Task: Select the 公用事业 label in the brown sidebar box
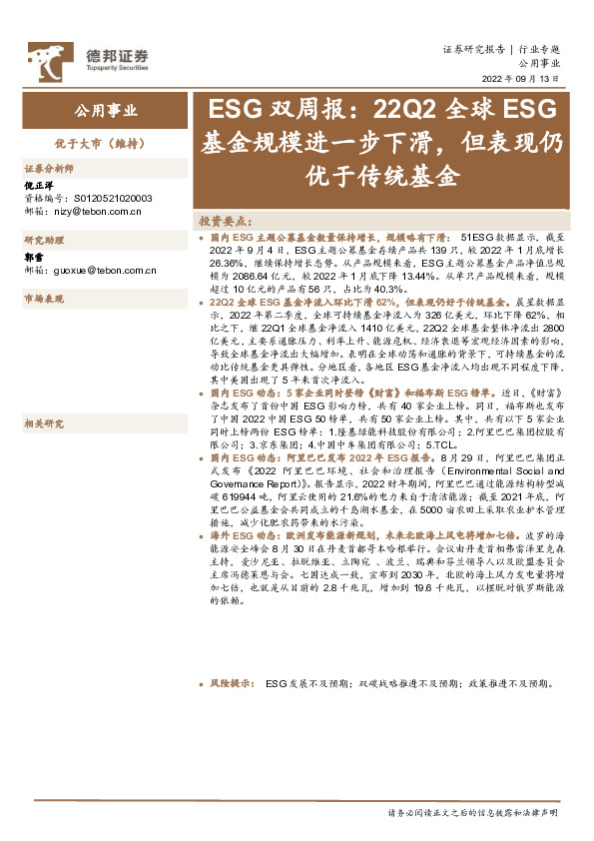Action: pos(106,110)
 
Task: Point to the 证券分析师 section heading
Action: pos(49,169)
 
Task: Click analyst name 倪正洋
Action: pos(39,186)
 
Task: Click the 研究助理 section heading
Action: pos(44,241)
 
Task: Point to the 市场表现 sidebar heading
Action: pos(44,299)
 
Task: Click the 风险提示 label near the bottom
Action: pos(229,685)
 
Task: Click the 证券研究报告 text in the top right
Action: pos(473,49)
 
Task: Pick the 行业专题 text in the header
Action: pos(539,49)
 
